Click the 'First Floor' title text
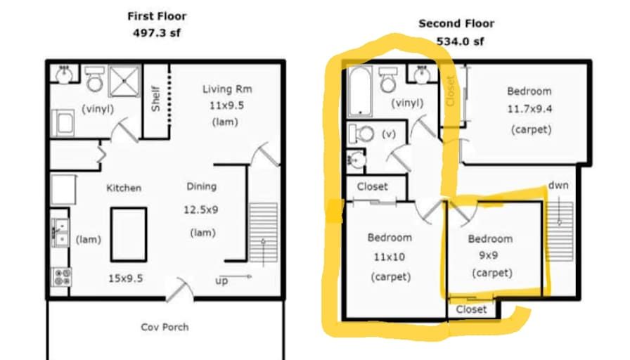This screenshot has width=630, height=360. point(157,16)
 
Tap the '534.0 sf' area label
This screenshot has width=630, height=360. point(460,41)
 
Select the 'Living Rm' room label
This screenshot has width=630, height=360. point(227,89)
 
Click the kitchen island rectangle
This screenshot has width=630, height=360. point(129,234)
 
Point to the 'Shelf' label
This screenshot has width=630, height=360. point(156,99)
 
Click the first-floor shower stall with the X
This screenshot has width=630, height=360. point(124,81)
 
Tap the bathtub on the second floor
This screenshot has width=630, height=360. point(360,91)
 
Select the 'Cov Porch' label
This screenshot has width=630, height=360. point(165,327)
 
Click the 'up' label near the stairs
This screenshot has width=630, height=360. point(221,281)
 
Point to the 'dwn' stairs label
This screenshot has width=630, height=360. point(558,185)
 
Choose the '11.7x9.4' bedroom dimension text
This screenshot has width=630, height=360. point(529,108)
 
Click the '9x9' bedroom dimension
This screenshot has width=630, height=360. point(489,255)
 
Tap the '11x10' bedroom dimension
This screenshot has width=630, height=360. point(390,257)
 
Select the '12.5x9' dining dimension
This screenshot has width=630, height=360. point(201,210)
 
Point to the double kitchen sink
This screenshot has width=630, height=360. point(60,233)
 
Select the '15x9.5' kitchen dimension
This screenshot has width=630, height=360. point(125,278)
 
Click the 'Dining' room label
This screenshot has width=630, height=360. point(202,187)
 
